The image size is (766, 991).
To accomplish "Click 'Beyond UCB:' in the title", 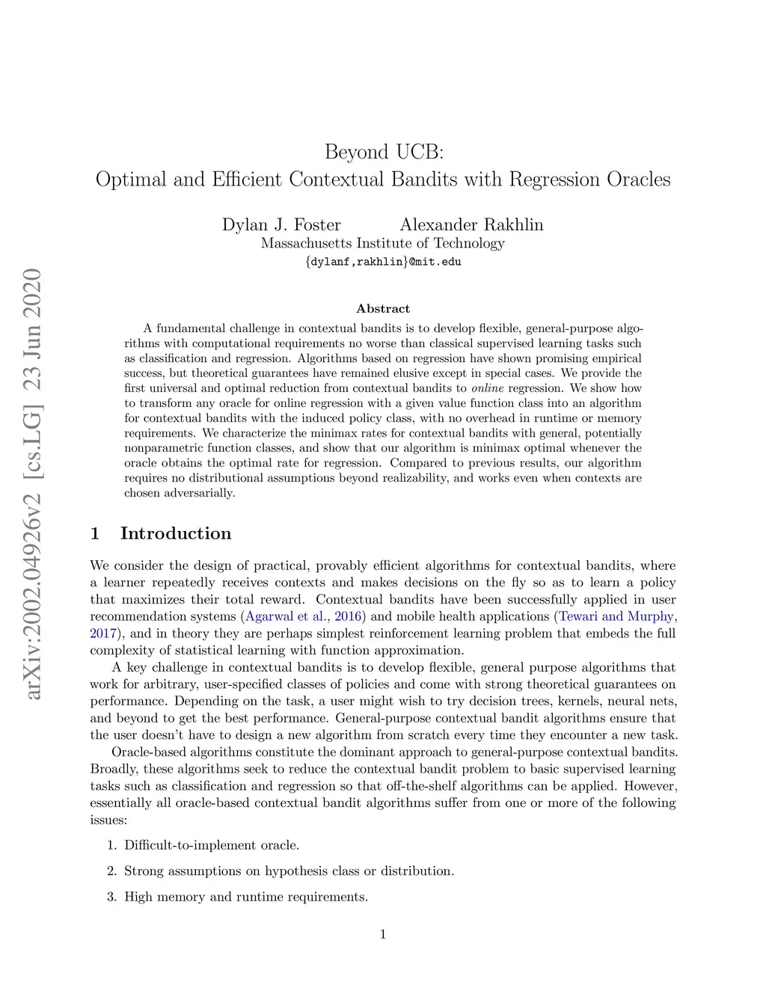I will click(384, 152).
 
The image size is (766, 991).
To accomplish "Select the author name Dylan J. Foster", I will click(281, 224).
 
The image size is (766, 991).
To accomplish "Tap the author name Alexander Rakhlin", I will click(471, 224).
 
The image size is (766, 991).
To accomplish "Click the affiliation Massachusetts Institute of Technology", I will click(383, 243).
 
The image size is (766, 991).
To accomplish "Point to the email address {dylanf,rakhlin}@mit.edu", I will click(383, 262).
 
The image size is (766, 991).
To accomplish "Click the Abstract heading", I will click(383, 309).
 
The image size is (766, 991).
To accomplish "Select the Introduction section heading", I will click(176, 533).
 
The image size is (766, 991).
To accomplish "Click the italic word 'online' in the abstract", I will click(487, 388).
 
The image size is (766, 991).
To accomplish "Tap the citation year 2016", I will click(348, 616).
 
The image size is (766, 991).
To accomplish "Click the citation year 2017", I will click(102, 633).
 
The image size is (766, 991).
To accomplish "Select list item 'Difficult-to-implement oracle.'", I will click(212, 845).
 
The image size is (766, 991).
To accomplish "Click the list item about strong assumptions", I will click(289, 871).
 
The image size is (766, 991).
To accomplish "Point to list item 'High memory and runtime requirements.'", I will click(246, 897).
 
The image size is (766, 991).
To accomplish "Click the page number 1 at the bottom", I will click(383, 933).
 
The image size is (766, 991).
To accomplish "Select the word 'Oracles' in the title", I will click(638, 180).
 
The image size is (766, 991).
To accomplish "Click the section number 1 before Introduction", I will click(95, 533).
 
